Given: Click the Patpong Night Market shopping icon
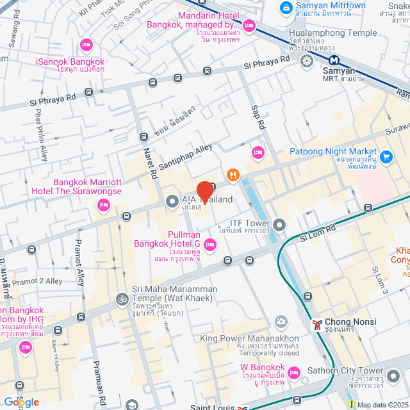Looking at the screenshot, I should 386,156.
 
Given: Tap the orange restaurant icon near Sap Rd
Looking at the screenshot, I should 233,174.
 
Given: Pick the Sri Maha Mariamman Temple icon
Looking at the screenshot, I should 120,299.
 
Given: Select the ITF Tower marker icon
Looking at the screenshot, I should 280,225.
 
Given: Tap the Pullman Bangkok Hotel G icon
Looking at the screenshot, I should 210,244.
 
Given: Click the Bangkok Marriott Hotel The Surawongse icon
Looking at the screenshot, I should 102,205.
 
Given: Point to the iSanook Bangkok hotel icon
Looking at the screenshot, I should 86,45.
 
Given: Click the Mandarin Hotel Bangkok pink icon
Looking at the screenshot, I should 249,26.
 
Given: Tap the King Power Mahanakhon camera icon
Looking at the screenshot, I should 280,321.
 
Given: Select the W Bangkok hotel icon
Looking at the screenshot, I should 293,372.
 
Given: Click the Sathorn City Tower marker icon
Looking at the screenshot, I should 393,372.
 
